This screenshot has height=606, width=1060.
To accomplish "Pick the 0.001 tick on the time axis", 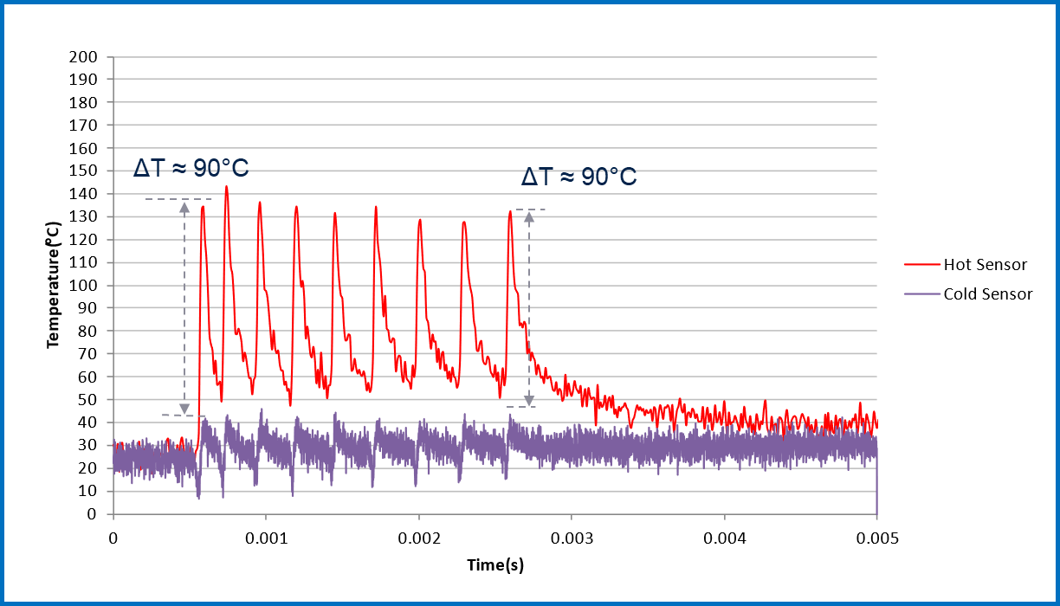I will (266, 538).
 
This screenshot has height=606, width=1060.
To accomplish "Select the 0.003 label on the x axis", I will (572, 538).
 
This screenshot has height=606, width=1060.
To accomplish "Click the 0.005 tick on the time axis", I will (876, 538).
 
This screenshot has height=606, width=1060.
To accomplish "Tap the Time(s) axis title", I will (495, 565).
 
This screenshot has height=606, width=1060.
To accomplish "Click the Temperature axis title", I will (54, 285).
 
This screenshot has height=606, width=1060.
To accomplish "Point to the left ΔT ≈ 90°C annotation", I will (191, 168).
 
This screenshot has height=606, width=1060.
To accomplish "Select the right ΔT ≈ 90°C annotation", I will (578, 177).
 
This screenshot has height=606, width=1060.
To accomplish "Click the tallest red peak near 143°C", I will (226, 187).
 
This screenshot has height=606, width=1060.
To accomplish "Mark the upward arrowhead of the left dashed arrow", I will (184, 206).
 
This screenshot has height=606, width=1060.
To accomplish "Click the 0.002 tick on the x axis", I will (418, 538).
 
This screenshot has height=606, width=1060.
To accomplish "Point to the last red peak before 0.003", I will (510, 212).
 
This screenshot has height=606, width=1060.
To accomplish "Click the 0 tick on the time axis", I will (113, 538).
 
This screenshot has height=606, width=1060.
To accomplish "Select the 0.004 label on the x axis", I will (724, 538).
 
